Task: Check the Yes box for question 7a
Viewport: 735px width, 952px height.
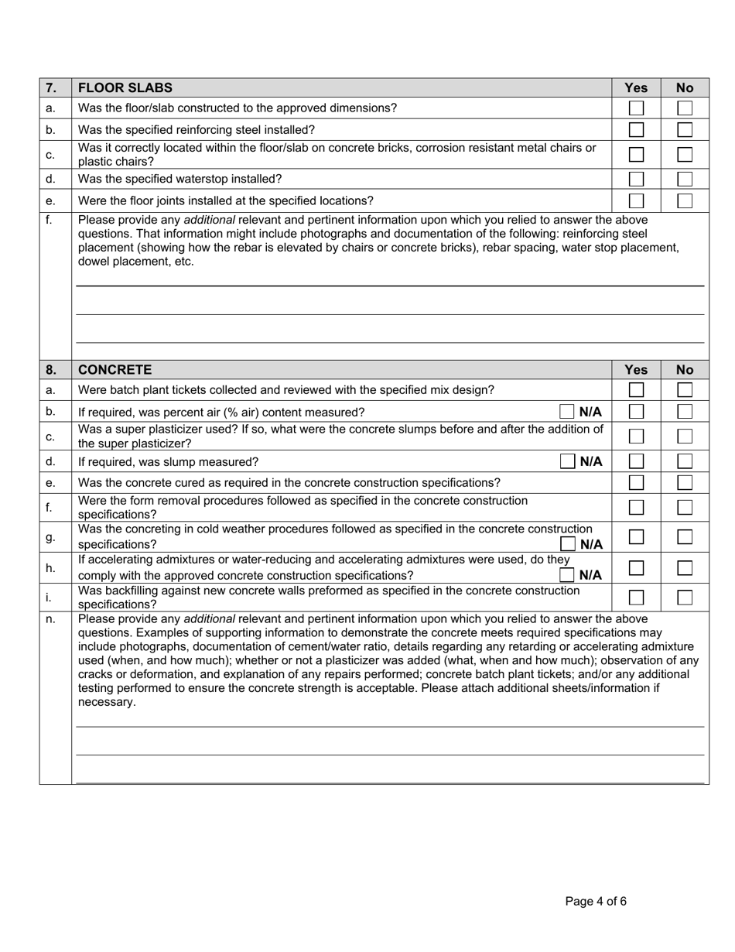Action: click(x=636, y=108)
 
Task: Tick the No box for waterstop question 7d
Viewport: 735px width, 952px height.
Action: click(x=685, y=179)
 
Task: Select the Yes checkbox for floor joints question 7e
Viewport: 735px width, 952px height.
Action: click(x=636, y=200)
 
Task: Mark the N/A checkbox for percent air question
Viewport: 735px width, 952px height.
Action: click(x=567, y=411)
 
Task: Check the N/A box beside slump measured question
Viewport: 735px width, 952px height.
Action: click(x=567, y=461)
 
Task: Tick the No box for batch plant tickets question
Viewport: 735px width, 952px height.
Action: click(x=685, y=389)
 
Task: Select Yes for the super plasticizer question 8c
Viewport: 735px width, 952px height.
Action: click(x=636, y=437)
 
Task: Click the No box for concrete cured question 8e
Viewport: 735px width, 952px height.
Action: click(x=685, y=482)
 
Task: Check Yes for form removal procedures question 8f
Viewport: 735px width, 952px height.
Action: click(x=636, y=508)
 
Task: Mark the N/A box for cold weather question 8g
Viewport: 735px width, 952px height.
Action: click(x=567, y=544)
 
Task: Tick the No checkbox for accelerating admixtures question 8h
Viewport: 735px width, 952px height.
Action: click(x=685, y=567)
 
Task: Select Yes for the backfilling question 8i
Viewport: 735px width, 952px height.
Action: click(x=636, y=597)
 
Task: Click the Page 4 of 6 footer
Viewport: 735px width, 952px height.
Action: click(x=596, y=901)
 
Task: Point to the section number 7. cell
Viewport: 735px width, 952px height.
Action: click(x=51, y=87)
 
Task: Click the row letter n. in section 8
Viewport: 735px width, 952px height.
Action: click(x=51, y=619)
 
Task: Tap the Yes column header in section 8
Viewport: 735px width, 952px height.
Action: click(x=636, y=369)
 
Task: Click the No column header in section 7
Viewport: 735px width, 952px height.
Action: click(x=685, y=87)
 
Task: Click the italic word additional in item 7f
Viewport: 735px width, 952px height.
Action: click(x=209, y=220)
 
